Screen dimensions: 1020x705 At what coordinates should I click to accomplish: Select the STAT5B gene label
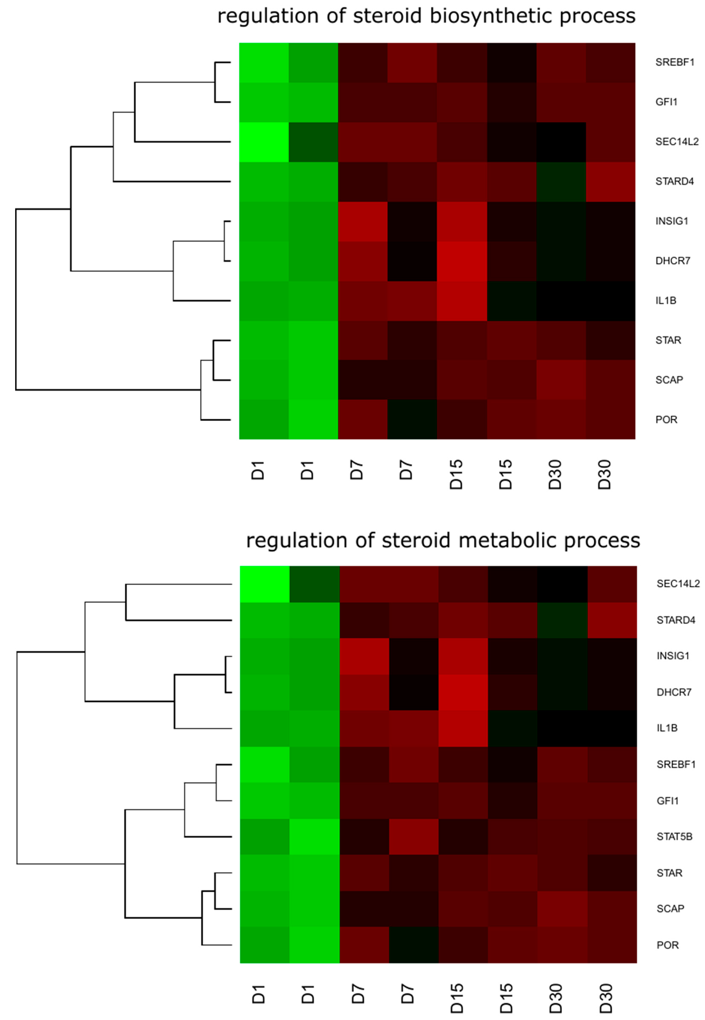point(674,836)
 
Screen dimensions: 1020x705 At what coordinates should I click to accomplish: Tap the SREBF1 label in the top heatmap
point(675,62)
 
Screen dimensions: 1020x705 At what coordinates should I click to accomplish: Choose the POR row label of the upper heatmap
point(666,419)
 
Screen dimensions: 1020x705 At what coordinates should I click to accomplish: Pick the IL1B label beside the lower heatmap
point(667,728)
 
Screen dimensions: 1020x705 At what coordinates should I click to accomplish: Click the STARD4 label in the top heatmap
point(675,181)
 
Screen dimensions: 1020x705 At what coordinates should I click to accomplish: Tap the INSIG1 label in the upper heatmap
point(671,221)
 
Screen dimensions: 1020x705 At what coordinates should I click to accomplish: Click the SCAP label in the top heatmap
point(669,380)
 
